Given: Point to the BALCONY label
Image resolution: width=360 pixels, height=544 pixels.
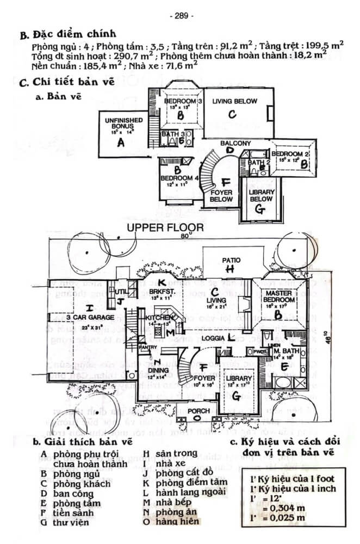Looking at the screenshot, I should (235, 143).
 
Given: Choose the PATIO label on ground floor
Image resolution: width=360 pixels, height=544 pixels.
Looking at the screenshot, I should (231, 260).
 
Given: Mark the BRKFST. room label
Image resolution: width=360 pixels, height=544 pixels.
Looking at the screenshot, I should (161, 292).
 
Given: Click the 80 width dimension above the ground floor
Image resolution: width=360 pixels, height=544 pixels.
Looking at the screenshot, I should (186, 236).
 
